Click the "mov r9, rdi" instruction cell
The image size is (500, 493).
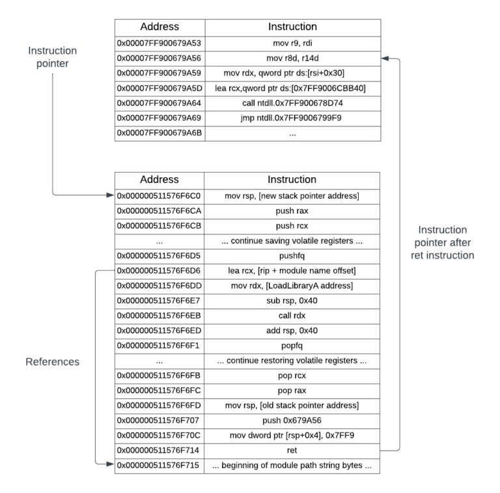292,42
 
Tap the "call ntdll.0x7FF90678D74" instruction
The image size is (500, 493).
292,103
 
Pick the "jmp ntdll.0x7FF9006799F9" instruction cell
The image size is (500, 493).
292,118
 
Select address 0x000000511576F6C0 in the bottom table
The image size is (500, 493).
159,195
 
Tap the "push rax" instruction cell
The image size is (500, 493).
292,211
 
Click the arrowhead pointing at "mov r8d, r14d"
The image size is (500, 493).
385,58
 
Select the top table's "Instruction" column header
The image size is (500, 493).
292,27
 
